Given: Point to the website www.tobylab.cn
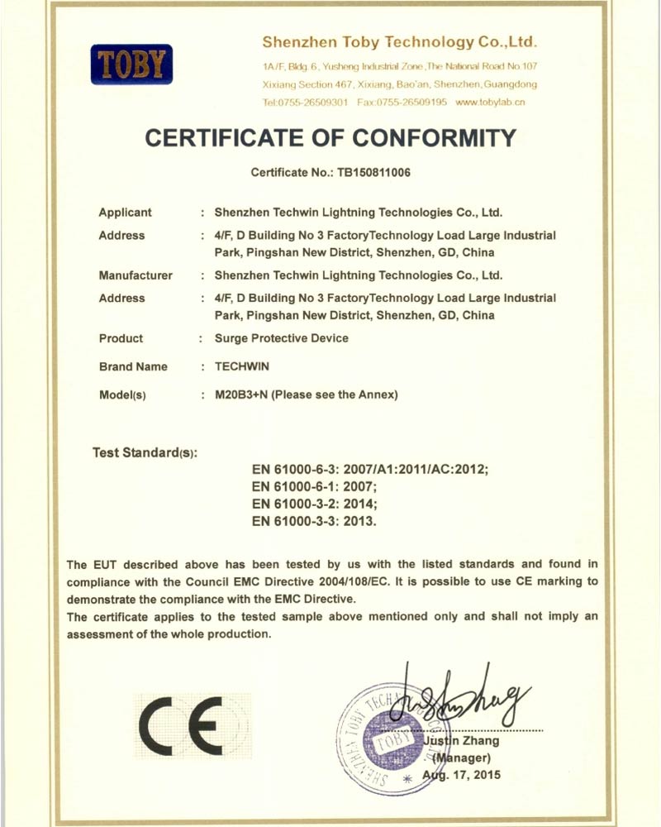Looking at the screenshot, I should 490,103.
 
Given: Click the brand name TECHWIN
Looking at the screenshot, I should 242,366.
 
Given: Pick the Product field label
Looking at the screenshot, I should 121,338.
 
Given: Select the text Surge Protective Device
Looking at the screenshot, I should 281,338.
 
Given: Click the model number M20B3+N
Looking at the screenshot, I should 240,394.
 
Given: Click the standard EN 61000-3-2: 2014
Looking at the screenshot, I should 315,504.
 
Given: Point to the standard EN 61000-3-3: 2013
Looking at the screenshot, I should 315,522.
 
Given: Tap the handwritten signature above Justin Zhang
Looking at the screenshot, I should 459,699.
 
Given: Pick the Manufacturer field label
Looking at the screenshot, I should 136,275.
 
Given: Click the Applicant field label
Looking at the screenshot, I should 126,213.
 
